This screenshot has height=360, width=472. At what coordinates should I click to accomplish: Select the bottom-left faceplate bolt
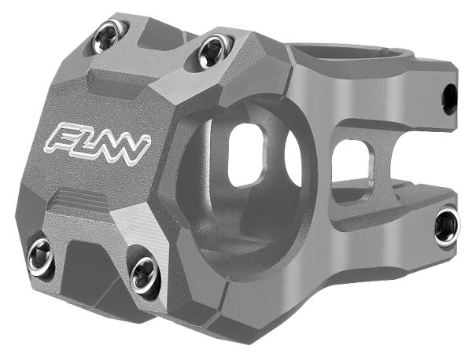[x=41, y=257]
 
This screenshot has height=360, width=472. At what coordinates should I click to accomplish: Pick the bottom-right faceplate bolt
[x=145, y=273]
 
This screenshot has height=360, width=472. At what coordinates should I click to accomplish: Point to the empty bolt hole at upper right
[x=449, y=98]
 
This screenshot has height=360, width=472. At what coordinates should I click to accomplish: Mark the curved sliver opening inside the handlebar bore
[x=293, y=157]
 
